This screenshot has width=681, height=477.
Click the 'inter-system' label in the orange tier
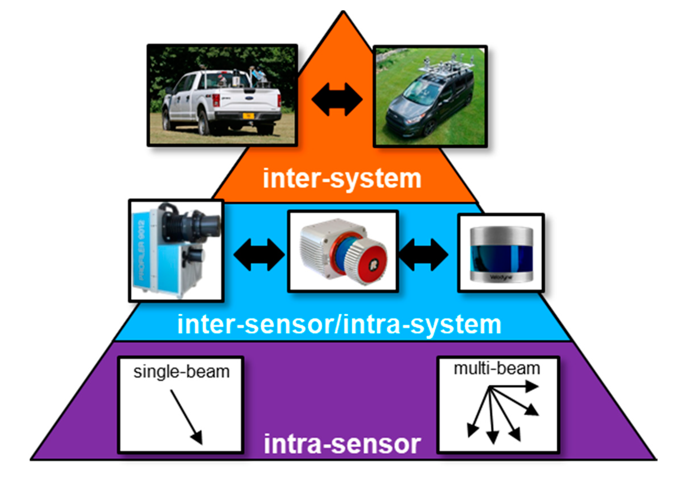tap(342, 179)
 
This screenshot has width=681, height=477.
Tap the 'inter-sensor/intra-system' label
tap(339, 325)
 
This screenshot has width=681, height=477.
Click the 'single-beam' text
tap(181, 372)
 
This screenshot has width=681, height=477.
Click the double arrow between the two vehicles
tap(337, 99)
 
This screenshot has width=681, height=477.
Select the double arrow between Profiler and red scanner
tap(259, 254)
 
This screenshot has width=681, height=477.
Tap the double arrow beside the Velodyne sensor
tap(423, 254)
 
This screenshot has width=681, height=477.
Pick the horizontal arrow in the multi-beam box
tap(513, 387)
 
